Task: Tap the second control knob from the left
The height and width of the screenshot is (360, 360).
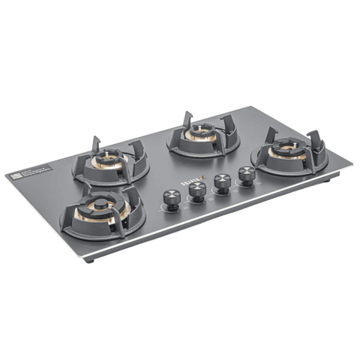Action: (x=197, y=190)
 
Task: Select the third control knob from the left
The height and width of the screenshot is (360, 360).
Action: (x=222, y=182)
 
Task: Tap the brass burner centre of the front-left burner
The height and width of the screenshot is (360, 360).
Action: (x=100, y=206)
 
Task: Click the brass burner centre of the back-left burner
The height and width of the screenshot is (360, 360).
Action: (x=109, y=159)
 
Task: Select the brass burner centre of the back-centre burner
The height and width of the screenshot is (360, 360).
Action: (x=197, y=135)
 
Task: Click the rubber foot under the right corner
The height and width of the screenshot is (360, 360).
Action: (x=331, y=181)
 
